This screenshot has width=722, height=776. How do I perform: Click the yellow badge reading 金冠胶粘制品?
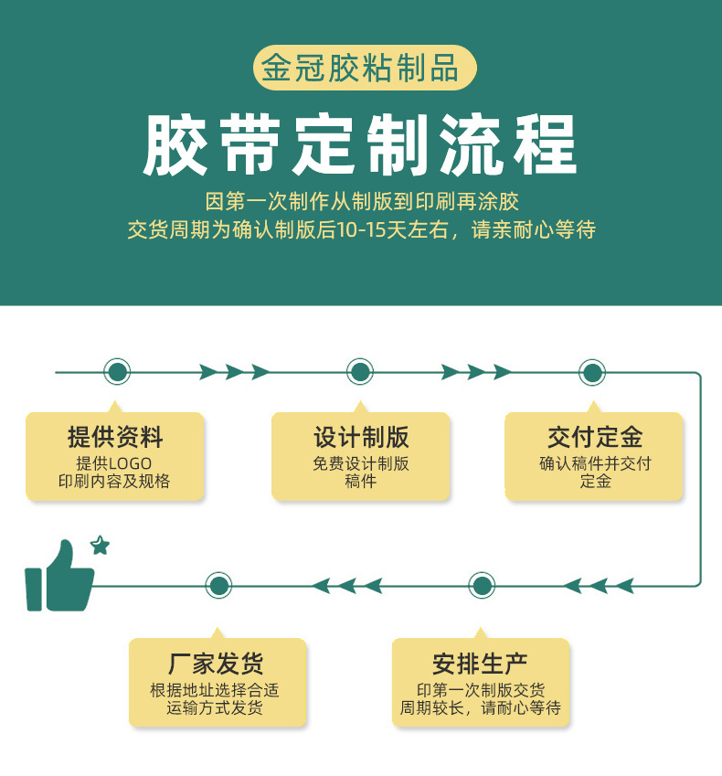tap(360, 69)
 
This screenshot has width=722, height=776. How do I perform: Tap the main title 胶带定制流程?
tap(360, 144)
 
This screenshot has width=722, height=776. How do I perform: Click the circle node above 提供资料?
tap(116, 372)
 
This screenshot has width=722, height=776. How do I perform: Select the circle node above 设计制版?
tap(360, 372)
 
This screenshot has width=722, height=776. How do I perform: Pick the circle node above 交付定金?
tap(592, 372)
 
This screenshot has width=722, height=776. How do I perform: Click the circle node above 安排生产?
tap(482, 585)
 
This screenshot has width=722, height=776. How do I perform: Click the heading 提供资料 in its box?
tap(115, 437)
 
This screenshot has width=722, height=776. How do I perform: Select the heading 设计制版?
tap(360, 437)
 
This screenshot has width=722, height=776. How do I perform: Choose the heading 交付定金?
tap(595, 437)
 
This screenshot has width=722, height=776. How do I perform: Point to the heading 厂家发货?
tap(217, 664)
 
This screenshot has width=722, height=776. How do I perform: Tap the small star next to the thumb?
tap(100, 546)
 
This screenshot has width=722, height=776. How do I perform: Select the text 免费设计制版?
tap(360, 463)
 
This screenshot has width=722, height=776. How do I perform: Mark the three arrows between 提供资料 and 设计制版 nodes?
tap(234, 372)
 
